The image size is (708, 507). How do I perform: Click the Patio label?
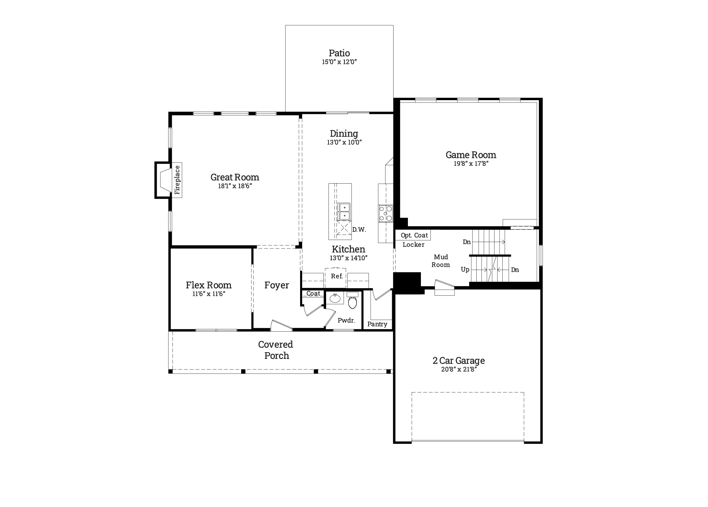(x=339, y=53)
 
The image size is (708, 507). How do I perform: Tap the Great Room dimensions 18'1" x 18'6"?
(x=235, y=186)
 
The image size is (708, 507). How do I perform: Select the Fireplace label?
(x=177, y=180)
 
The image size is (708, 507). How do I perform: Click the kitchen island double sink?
(x=344, y=212)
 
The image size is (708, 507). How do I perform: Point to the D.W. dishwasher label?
(x=359, y=230)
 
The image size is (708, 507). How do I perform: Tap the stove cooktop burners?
(x=386, y=214)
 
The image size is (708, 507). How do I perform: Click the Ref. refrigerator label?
(x=337, y=276)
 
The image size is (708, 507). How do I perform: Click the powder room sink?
(x=335, y=298)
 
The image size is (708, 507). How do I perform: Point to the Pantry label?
(x=377, y=324)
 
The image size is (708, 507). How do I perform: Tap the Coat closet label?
(x=313, y=293)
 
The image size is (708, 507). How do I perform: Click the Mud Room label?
(x=441, y=261)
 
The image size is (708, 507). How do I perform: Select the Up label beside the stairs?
(x=465, y=269)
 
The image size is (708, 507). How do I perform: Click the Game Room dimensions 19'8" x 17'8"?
(x=471, y=164)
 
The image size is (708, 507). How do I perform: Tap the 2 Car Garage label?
(x=459, y=360)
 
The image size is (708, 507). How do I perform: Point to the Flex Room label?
(x=209, y=285)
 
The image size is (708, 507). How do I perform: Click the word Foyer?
(x=276, y=285)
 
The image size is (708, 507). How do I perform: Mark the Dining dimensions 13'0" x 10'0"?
(x=344, y=142)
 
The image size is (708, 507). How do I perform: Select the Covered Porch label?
(x=276, y=350)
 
